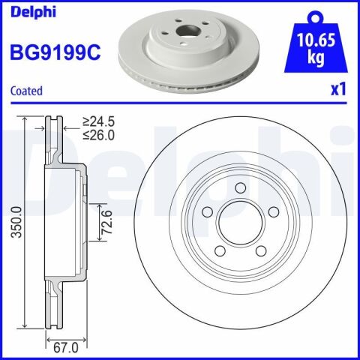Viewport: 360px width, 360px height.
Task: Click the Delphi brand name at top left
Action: pyautogui.click(x=33, y=11)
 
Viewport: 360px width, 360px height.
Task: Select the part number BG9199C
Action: pyautogui.click(x=55, y=52)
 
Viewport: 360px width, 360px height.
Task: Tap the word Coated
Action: pyautogui.click(x=26, y=91)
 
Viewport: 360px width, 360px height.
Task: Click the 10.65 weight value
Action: pyautogui.click(x=316, y=40)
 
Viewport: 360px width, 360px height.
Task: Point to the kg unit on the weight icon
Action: pyautogui.click(x=316, y=58)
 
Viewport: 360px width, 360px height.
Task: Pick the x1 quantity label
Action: pyautogui.click(x=338, y=89)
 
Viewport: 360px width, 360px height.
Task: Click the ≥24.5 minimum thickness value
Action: pyautogui.click(x=99, y=121)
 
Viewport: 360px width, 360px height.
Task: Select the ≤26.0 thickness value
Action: pyautogui.click(x=99, y=135)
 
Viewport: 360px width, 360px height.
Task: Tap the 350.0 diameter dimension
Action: pyautogui.click(x=17, y=222)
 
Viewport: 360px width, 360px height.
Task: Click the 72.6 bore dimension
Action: pyautogui.click(x=106, y=222)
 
